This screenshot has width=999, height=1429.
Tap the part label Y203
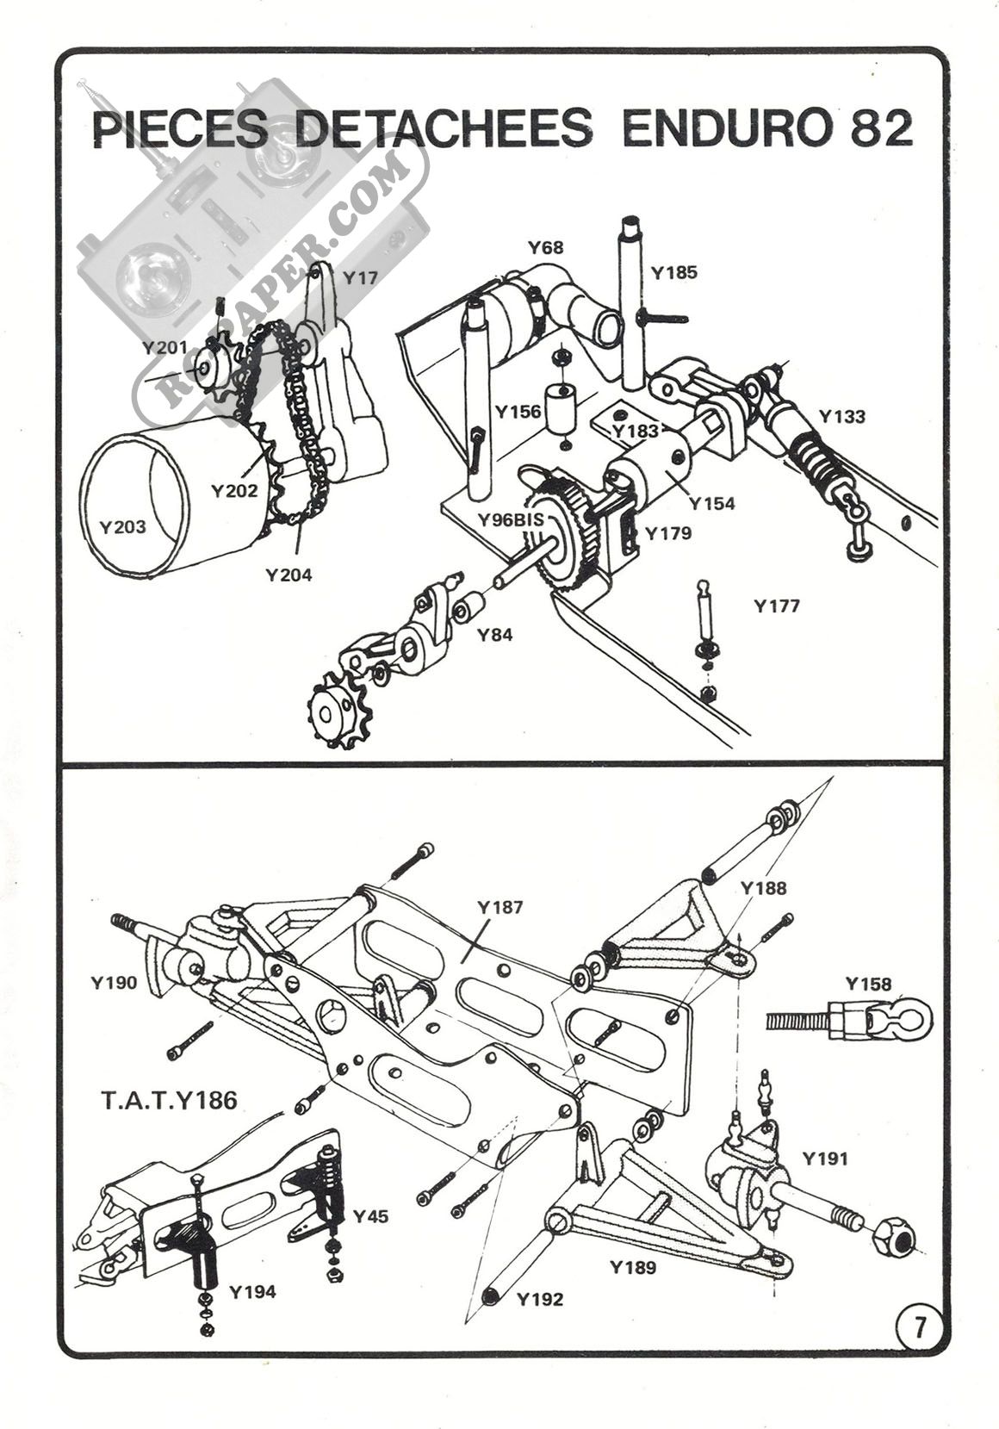click(x=123, y=526)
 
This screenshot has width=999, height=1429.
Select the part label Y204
click(x=289, y=575)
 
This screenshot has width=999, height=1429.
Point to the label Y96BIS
click(x=512, y=519)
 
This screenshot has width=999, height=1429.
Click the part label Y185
click(x=673, y=273)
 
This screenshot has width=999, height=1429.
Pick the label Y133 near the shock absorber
click(x=841, y=417)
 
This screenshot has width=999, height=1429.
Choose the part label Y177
click(x=777, y=606)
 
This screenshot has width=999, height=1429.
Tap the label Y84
click(x=495, y=635)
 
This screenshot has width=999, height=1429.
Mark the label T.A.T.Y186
click(x=169, y=1100)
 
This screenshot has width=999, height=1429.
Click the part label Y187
click(x=499, y=908)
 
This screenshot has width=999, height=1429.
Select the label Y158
click(x=868, y=984)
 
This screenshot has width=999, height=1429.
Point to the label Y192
click(x=540, y=1299)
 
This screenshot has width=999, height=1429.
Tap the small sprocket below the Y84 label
click(x=332, y=712)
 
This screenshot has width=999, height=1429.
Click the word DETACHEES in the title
click(x=444, y=129)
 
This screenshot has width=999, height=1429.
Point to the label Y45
click(x=370, y=1216)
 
